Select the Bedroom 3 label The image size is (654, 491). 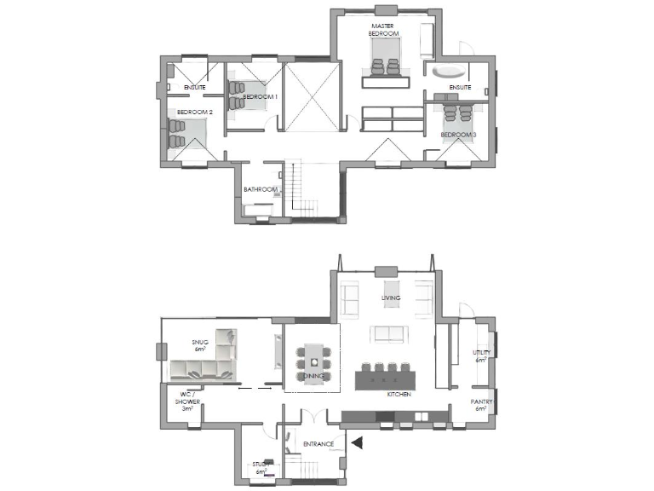click(x=458, y=135)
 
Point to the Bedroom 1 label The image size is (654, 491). click(x=261, y=97)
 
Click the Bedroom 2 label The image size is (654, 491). click(x=195, y=112)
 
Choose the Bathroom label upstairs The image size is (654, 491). click(x=261, y=189)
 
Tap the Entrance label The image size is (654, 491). click(x=318, y=442)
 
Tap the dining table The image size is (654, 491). click(x=313, y=362)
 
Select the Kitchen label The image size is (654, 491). click(x=399, y=395)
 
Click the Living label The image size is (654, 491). click(x=391, y=297)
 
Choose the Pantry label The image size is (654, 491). click(x=480, y=403)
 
